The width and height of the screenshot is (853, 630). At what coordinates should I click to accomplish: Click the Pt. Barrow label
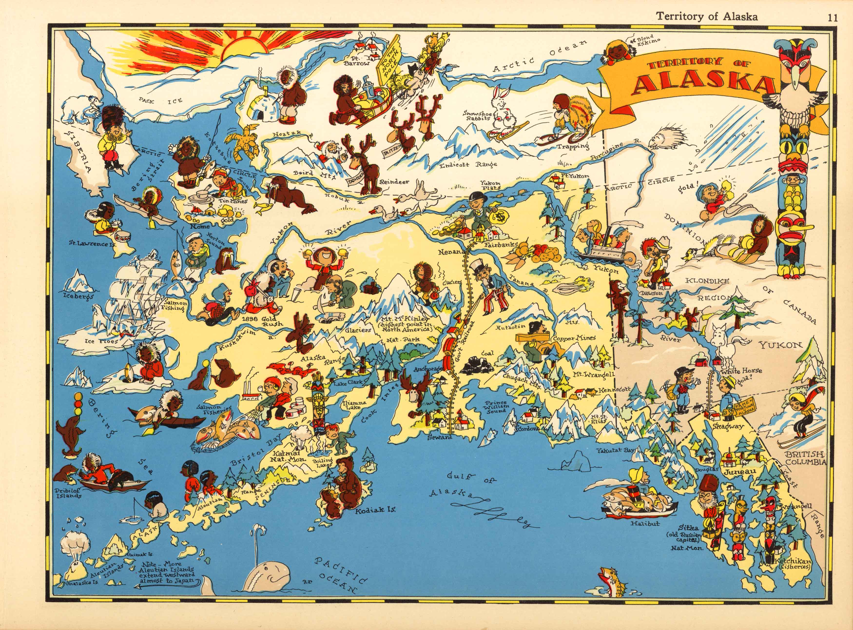click(x=356, y=61)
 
